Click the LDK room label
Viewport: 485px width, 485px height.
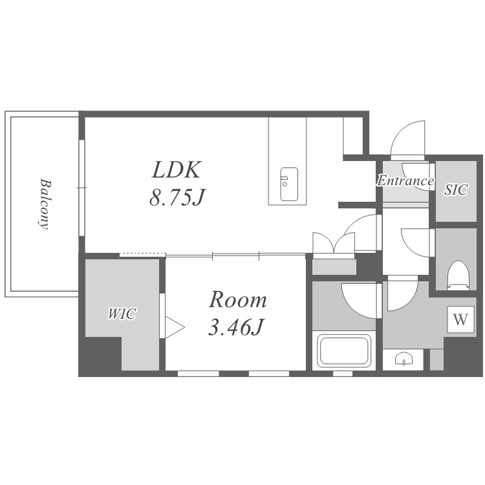coord(177,169)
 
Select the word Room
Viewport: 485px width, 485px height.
coord(237,299)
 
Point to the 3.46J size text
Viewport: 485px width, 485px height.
coord(235,327)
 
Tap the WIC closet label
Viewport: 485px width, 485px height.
coord(122,314)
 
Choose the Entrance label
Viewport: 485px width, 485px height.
coord(405,180)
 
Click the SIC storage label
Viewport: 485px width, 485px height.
coord(456,189)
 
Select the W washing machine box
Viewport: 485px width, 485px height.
coord(460,319)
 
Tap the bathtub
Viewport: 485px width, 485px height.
coord(345,350)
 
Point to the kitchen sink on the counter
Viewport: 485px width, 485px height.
coord(289,184)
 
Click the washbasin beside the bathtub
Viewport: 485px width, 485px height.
coord(404,359)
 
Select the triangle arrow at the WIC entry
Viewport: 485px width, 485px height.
coord(175,327)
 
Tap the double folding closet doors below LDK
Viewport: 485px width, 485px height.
coord(334,244)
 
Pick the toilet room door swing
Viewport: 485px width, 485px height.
coord(415,242)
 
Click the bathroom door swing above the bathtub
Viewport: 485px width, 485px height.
coord(359,301)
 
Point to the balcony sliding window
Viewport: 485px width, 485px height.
coord(81,188)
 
